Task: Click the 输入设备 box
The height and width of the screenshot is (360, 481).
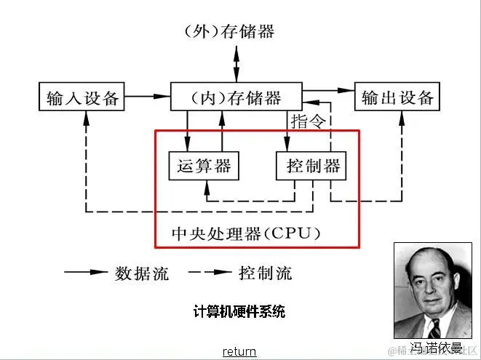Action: [x=82, y=97]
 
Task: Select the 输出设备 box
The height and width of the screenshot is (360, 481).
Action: [x=397, y=97]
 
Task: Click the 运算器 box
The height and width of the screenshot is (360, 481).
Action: [x=204, y=166]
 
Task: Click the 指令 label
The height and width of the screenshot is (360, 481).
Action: [x=305, y=120]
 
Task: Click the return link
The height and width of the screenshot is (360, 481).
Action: [x=239, y=351]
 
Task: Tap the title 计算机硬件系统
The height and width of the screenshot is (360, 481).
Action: [x=239, y=312]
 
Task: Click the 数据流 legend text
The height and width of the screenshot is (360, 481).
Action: [x=142, y=273]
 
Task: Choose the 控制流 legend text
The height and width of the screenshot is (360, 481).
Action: [x=265, y=273]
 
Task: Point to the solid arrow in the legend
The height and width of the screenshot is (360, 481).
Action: [x=85, y=273]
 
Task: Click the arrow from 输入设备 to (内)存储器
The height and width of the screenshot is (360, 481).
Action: [x=147, y=95]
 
